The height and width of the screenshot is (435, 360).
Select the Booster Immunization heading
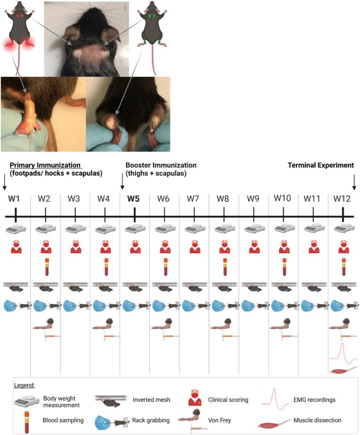161,165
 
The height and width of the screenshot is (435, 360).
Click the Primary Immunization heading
45,165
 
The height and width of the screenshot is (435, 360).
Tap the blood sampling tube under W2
46,267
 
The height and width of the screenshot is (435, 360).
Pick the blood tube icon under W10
283,267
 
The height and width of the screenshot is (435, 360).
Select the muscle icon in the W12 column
343,370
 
